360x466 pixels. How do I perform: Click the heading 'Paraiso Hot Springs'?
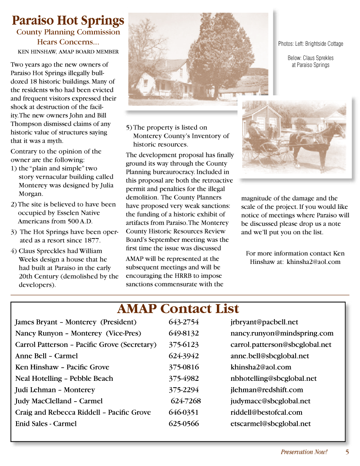click(68, 20)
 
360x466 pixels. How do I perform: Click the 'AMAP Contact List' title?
click(178, 308)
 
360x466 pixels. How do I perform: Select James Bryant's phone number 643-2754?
click(183, 322)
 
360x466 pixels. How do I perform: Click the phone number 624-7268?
click(186, 401)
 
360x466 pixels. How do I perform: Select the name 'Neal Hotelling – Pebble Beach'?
click(64, 378)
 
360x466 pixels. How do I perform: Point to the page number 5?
click(347, 452)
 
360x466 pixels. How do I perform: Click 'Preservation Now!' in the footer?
click(304, 452)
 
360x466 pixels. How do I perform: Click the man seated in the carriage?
click(253, 129)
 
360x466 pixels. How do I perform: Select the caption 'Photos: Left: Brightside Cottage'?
click(310, 44)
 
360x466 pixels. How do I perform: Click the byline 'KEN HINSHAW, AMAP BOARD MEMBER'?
click(68, 52)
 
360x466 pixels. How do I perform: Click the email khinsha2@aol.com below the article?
click(313, 262)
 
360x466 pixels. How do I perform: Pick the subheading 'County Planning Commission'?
click(68, 32)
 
